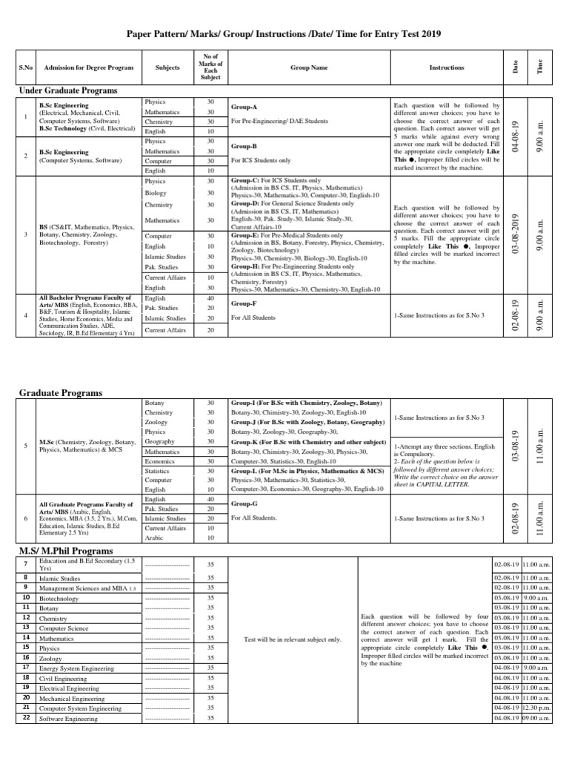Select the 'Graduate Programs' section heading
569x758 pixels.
click(x=60, y=393)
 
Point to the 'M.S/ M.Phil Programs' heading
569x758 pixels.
click(x=65, y=551)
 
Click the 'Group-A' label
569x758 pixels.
click(x=244, y=107)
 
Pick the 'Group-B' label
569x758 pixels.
click(x=244, y=147)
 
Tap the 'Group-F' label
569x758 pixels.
click(x=244, y=303)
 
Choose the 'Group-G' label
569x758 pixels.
click(x=244, y=503)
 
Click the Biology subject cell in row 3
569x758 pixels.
click(x=156, y=192)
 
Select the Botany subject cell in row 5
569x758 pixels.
click(x=156, y=403)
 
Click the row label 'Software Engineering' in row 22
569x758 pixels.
click(x=67, y=718)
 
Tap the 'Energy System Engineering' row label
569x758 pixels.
click(x=77, y=667)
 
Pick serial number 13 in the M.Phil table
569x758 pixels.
click(x=25, y=627)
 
